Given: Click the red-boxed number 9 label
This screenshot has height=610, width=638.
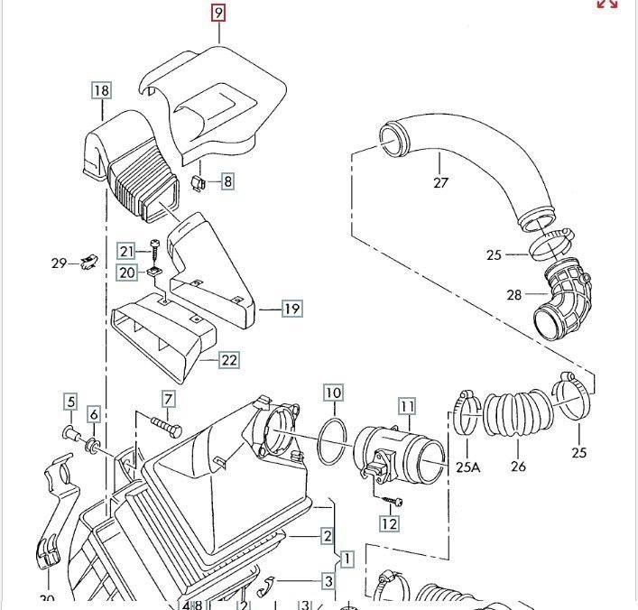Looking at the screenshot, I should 217,13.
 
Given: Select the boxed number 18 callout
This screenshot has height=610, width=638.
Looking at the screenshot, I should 101,90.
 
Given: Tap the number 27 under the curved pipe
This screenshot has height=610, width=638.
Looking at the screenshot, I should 440,182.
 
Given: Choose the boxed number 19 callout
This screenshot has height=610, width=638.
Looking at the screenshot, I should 291,310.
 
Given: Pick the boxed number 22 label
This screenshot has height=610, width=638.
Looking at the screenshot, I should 230,360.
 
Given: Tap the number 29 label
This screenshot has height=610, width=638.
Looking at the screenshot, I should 59,263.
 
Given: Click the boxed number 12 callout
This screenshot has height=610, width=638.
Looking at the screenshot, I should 389,523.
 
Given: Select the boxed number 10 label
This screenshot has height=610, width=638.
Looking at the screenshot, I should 334,393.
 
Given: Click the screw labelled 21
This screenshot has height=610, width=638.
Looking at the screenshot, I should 156,248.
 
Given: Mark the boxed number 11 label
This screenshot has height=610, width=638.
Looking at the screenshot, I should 407,406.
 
